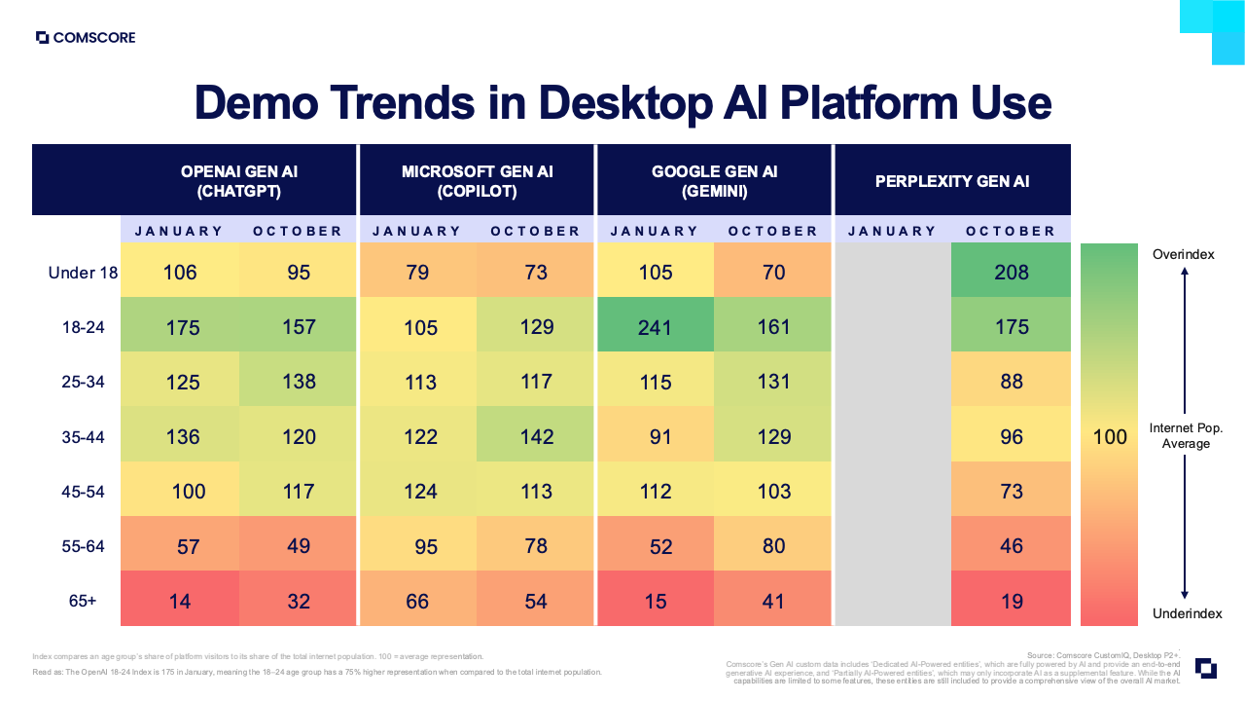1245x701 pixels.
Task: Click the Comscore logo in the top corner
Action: [86, 38]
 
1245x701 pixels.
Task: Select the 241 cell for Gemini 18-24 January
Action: [655, 327]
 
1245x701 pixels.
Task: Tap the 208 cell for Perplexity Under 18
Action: [1011, 273]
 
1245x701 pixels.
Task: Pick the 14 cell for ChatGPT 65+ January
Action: [180, 602]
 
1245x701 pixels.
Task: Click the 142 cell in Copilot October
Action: [536, 437]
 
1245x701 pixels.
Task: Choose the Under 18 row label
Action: [83, 273]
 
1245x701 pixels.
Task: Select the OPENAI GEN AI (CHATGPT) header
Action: [239, 181]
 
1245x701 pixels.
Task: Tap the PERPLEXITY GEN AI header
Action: [951, 181]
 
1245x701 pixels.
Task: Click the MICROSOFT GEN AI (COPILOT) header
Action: [477, 181]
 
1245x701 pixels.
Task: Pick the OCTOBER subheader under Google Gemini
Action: [773, 231]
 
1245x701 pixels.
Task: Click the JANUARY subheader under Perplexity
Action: [892, 231]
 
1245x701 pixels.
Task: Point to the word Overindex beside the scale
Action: [1184, 254]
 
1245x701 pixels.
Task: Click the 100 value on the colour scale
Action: [1109, 437]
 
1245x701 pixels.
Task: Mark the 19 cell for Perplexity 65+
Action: [1011, 602]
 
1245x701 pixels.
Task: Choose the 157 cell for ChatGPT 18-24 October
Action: [299, 327]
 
